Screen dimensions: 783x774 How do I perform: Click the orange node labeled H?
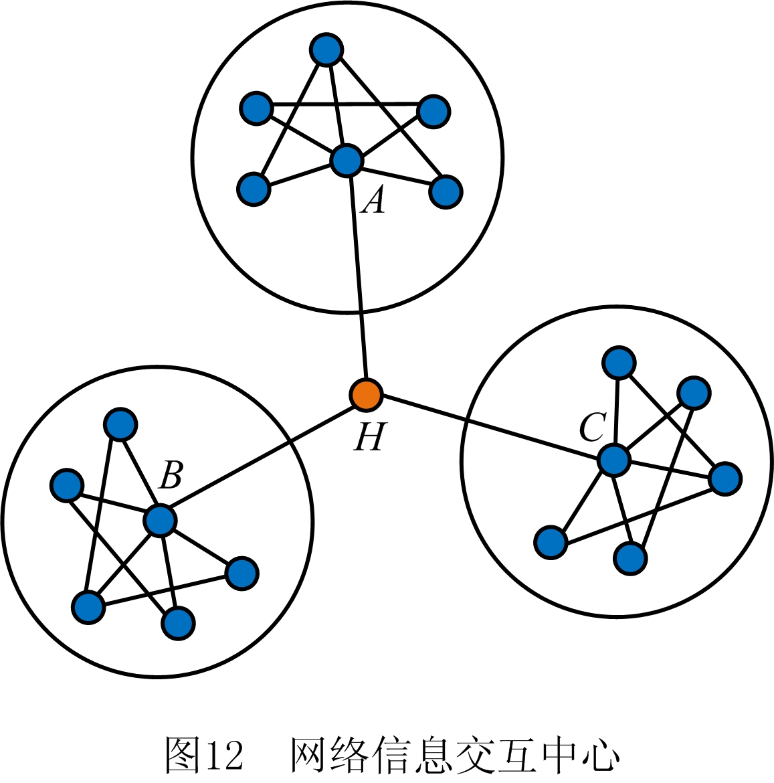(366, 395)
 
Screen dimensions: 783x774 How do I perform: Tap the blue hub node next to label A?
(347, 161)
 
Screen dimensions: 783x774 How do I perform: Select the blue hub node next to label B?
(159, 520)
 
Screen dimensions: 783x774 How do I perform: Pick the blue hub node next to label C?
(613, 460)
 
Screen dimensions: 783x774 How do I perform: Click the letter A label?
(373, 199)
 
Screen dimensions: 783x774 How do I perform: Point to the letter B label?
(171, 475)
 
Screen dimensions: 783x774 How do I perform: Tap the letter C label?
(592, 428)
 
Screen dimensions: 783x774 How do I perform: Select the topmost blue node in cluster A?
(326, 50)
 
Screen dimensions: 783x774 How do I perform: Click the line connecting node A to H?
(357, 281)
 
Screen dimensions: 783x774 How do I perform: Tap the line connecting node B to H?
(261, 458)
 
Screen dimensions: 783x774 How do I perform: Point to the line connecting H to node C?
(488, 427)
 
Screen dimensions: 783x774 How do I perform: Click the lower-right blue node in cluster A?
(446, 191)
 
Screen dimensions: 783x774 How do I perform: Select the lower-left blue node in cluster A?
(254, 189)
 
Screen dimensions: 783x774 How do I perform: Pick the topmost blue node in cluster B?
(120, 424)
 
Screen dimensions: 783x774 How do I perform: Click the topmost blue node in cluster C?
(619, 363)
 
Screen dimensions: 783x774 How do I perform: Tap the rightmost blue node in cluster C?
(725, 478)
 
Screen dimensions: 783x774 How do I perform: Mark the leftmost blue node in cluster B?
(67, 485)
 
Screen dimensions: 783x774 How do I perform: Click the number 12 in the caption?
(224, 756)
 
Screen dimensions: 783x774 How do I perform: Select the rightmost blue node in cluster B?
(241, 573)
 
